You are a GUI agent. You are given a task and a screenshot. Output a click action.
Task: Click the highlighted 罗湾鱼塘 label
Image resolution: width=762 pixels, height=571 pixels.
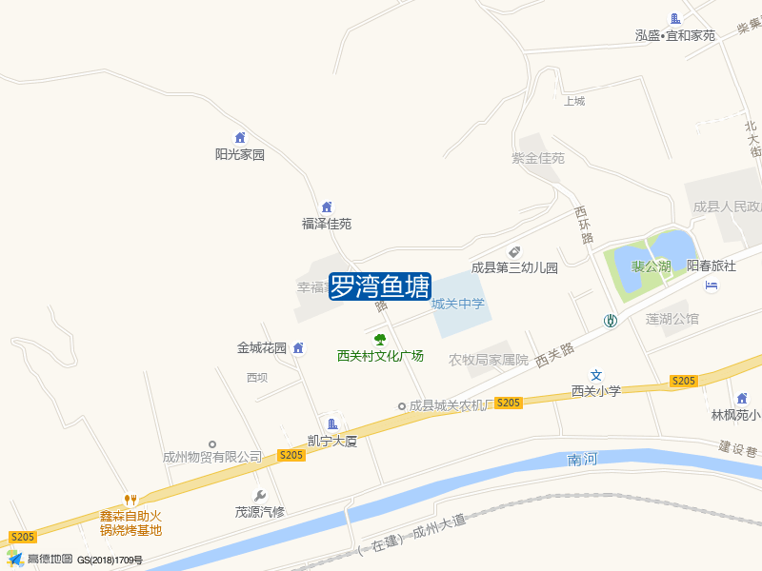click(x=380, y=286)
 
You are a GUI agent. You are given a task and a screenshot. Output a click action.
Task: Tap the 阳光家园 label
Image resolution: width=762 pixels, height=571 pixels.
click(x=239, y=154)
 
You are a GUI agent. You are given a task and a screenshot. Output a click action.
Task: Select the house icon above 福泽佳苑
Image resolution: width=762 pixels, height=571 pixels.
click(x=327, y=207)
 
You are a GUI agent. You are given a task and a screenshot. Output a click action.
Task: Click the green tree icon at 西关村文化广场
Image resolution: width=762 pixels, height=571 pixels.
click(x=380, y=340)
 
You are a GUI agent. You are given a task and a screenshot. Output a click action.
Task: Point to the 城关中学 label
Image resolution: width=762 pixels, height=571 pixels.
click(x=458, y=305)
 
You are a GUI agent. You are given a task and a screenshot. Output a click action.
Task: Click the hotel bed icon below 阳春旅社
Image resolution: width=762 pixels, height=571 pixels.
click(x=712, y=285)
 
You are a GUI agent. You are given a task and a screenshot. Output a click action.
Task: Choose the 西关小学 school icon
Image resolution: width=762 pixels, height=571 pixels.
click(x=596, y=375)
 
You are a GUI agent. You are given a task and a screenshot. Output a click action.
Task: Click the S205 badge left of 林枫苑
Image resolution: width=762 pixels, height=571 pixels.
click(x=684, y=381)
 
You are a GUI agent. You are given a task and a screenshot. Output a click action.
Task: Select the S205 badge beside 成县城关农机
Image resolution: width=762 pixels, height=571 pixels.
click(x=509, y=403)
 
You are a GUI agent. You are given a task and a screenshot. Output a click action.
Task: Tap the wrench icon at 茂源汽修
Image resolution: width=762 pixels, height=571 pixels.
click(x=259, y=495)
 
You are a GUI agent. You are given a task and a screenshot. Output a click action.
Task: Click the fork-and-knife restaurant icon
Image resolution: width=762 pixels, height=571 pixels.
click(x=131, y=500)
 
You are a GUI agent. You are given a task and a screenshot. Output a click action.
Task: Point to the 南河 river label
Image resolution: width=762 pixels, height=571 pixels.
click(x=581, y=460)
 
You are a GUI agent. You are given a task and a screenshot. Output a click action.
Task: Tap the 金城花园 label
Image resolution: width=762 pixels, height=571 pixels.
click(x=262, y=348)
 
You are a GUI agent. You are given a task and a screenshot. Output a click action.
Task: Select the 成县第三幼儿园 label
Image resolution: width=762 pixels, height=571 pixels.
click(x=514, y=267)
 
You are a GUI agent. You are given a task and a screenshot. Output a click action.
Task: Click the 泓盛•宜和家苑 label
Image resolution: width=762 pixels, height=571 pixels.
click(x=675, y=35)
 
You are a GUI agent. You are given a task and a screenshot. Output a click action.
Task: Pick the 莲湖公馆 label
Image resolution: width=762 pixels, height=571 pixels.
click(x=672, y=318)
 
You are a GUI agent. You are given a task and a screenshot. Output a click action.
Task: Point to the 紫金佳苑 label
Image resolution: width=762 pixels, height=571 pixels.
click(x=538, y=158)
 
